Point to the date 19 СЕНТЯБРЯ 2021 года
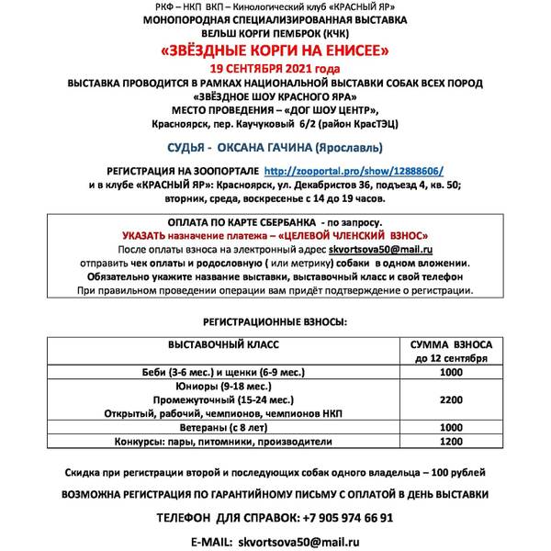pos(275,68)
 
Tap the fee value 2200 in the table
pos(449,400)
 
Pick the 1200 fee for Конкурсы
pos(449,441)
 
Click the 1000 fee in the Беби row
pos(449,373)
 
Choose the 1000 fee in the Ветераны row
pos(449,427)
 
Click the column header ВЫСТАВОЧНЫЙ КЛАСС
pos(223,343)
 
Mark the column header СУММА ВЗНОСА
pos(449,343)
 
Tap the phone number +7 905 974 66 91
pos(340,517)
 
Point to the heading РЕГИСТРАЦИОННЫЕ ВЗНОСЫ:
pos(275,323)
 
